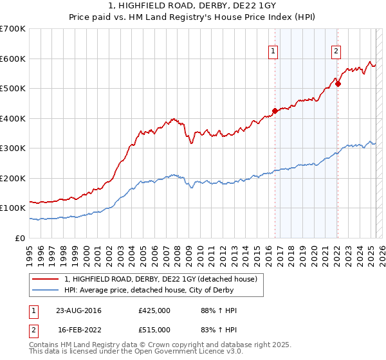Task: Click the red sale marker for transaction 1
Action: (275, 111)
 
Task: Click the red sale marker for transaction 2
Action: (338, 84)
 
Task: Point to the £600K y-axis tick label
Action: (13, 59)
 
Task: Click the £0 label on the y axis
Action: (21, 238)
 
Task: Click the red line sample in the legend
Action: (45, 279)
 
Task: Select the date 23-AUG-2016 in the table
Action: (78, 310)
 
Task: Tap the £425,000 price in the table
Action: (154, 310)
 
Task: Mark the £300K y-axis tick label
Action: (13, 148)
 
